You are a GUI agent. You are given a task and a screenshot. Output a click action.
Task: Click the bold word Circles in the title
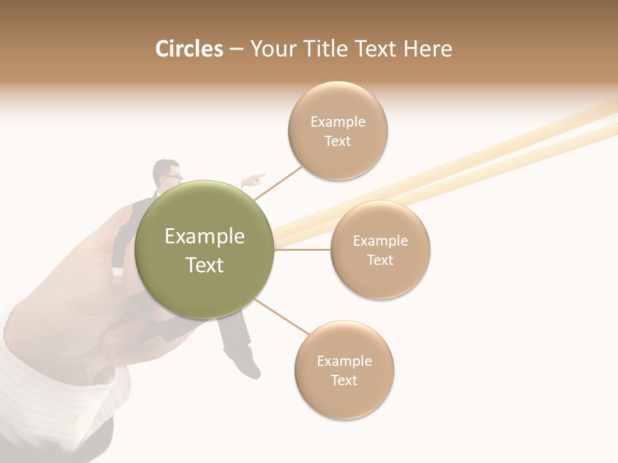[x=189, y=49]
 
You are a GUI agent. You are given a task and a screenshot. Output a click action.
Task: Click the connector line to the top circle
[x=278, y=182]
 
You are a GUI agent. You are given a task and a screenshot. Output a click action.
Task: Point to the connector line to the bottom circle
[x=282, y=317]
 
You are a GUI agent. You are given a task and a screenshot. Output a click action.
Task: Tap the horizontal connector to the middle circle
[x=303, y=250]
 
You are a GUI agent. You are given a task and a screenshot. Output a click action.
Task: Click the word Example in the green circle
[x=205, y=237]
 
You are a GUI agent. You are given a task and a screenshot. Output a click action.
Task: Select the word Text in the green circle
[x=205, y=265]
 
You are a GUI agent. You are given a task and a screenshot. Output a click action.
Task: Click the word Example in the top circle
[x=338, y=122]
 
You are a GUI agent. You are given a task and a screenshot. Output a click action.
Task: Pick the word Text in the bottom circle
[x=344, y=380]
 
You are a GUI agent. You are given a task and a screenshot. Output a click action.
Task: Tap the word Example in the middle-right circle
[x=380, y=241]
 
